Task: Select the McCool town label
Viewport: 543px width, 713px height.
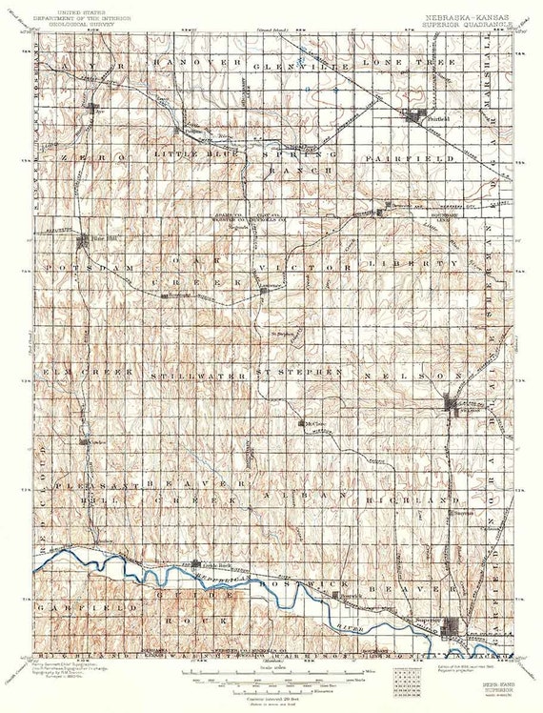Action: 313,422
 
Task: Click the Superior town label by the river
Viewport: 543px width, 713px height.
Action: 428,621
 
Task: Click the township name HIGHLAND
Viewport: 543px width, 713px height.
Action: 412,499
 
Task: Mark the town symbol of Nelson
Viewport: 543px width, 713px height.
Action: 454,406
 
